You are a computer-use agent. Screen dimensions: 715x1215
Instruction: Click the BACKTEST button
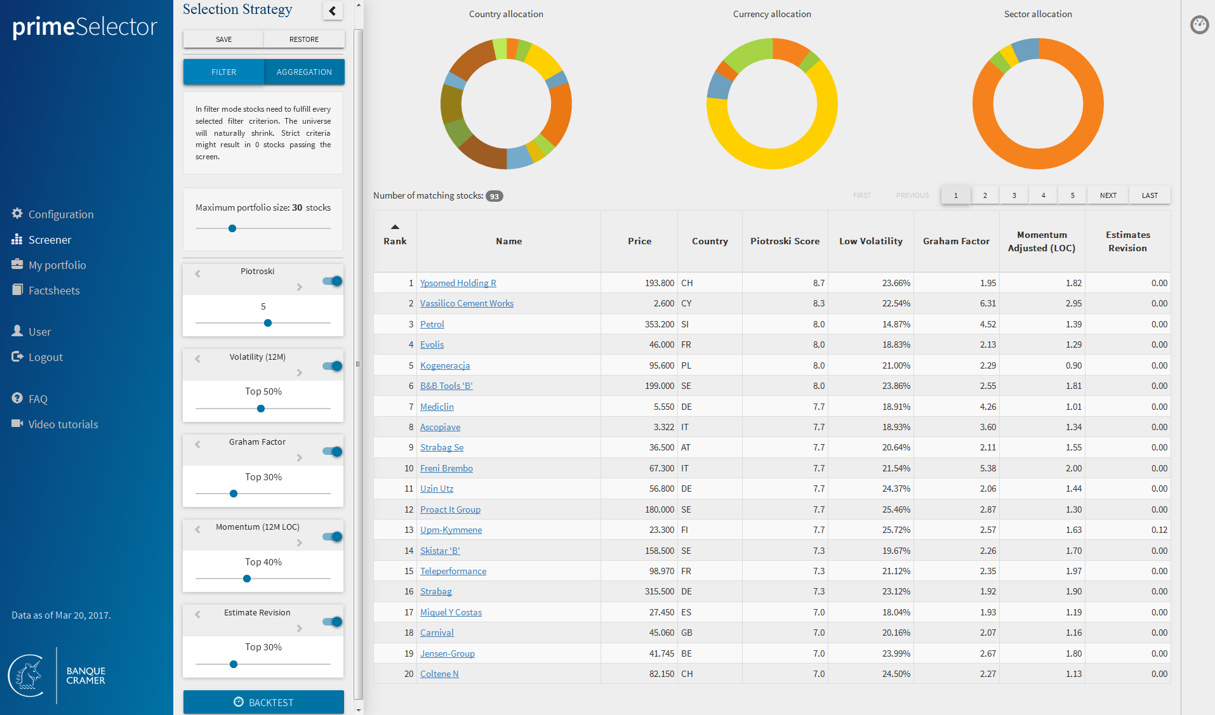[x=263, y=702]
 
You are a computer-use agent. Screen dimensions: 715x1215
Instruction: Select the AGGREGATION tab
[x=304, y=72]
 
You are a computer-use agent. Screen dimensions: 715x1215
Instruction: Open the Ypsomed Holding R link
[x=458, y=283]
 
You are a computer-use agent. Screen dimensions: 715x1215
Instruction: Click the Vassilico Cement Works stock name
[x=467, y=303]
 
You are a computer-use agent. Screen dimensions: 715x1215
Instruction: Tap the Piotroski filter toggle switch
[x=333, y=281]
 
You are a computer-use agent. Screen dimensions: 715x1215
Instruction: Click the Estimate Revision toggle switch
[x=333, y=622]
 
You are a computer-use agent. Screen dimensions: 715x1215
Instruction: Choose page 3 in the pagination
[x=1014, y=195]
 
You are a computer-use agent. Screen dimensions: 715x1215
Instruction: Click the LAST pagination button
[x=1149, y=195]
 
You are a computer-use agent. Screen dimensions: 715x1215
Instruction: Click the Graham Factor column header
[x=955, y=241]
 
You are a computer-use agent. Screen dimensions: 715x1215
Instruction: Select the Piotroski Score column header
[x=785, y=241]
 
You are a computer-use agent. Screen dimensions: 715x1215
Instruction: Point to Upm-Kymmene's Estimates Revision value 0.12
[x=1159, y=530]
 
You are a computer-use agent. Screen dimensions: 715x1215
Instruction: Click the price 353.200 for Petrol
[x=659, y=324]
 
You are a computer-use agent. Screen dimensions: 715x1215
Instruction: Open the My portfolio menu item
[x=56, y=265]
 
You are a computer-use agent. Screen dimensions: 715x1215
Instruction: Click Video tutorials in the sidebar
[x=63, y=424]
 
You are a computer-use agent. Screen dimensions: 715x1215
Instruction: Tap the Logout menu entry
[x=45, y=357]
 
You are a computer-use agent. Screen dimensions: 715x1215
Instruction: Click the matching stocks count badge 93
[x=494, y=196]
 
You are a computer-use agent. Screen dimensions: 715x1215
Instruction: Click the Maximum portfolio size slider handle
[x=232, y=228]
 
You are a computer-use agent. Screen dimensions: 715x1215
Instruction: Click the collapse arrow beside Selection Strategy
[x=332, y=10]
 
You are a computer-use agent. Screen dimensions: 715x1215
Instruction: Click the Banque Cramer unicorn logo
[x=27, y=676]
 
